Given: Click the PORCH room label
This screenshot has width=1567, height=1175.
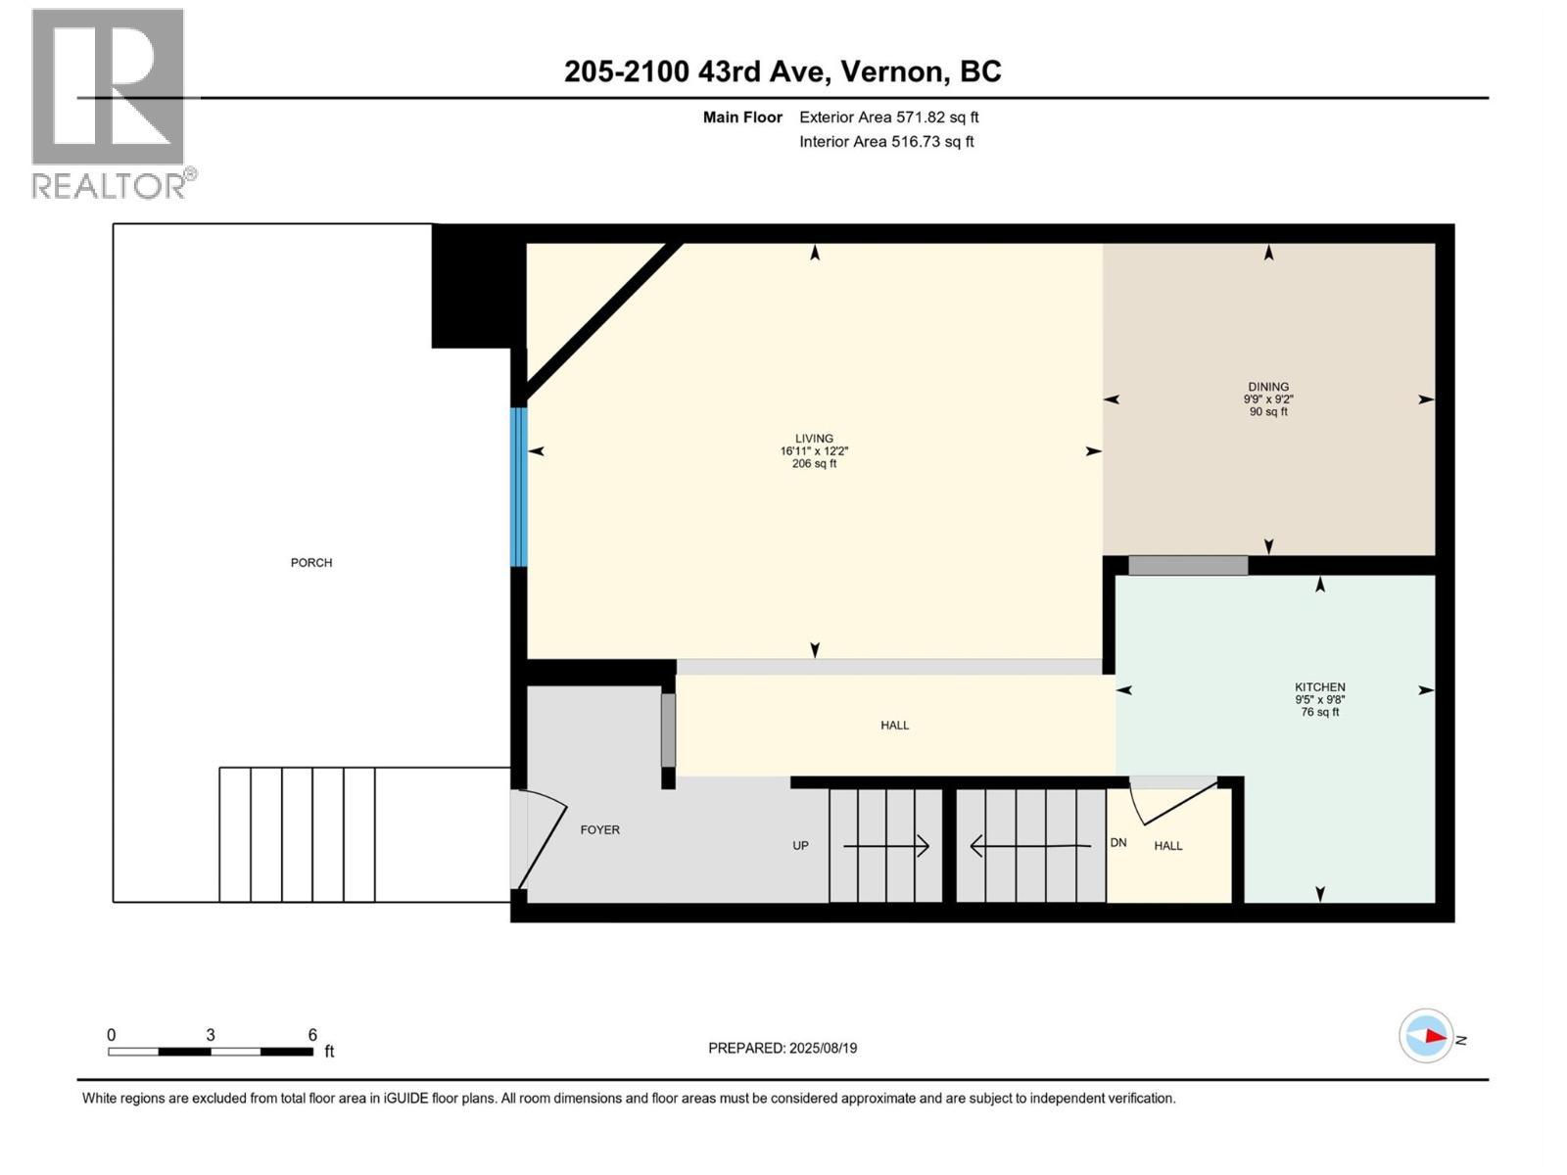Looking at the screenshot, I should point(311,563).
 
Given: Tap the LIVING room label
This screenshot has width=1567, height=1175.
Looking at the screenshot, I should point(814,439).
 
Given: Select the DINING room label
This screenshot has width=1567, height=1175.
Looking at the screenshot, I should point(1268,387).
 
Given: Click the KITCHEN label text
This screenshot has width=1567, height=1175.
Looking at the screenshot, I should point(1319,687).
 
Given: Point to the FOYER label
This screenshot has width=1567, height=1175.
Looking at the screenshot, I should point(599,829).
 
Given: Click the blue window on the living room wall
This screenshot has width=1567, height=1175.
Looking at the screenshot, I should point(519,487).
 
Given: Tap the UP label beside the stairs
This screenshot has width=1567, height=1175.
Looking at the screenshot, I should point(800,845).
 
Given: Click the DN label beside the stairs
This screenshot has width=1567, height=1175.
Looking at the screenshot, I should point(1118,842).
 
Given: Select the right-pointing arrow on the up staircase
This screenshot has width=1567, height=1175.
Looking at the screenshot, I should point(886,845).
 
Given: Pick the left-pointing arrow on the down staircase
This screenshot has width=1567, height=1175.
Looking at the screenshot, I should point(1029,845).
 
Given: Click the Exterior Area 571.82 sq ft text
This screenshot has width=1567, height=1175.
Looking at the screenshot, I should point(888,117).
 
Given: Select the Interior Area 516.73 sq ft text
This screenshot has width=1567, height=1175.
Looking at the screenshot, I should point(886,142).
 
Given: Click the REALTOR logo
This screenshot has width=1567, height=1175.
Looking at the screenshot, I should point(110,103).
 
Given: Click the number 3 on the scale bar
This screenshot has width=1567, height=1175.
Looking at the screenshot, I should point(211,1035).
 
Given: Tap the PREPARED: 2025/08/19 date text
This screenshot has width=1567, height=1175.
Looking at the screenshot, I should point(783,1048).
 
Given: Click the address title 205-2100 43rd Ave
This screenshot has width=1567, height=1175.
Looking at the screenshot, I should point(783,71).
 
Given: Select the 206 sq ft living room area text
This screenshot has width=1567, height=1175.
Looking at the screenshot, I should point(814,464).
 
